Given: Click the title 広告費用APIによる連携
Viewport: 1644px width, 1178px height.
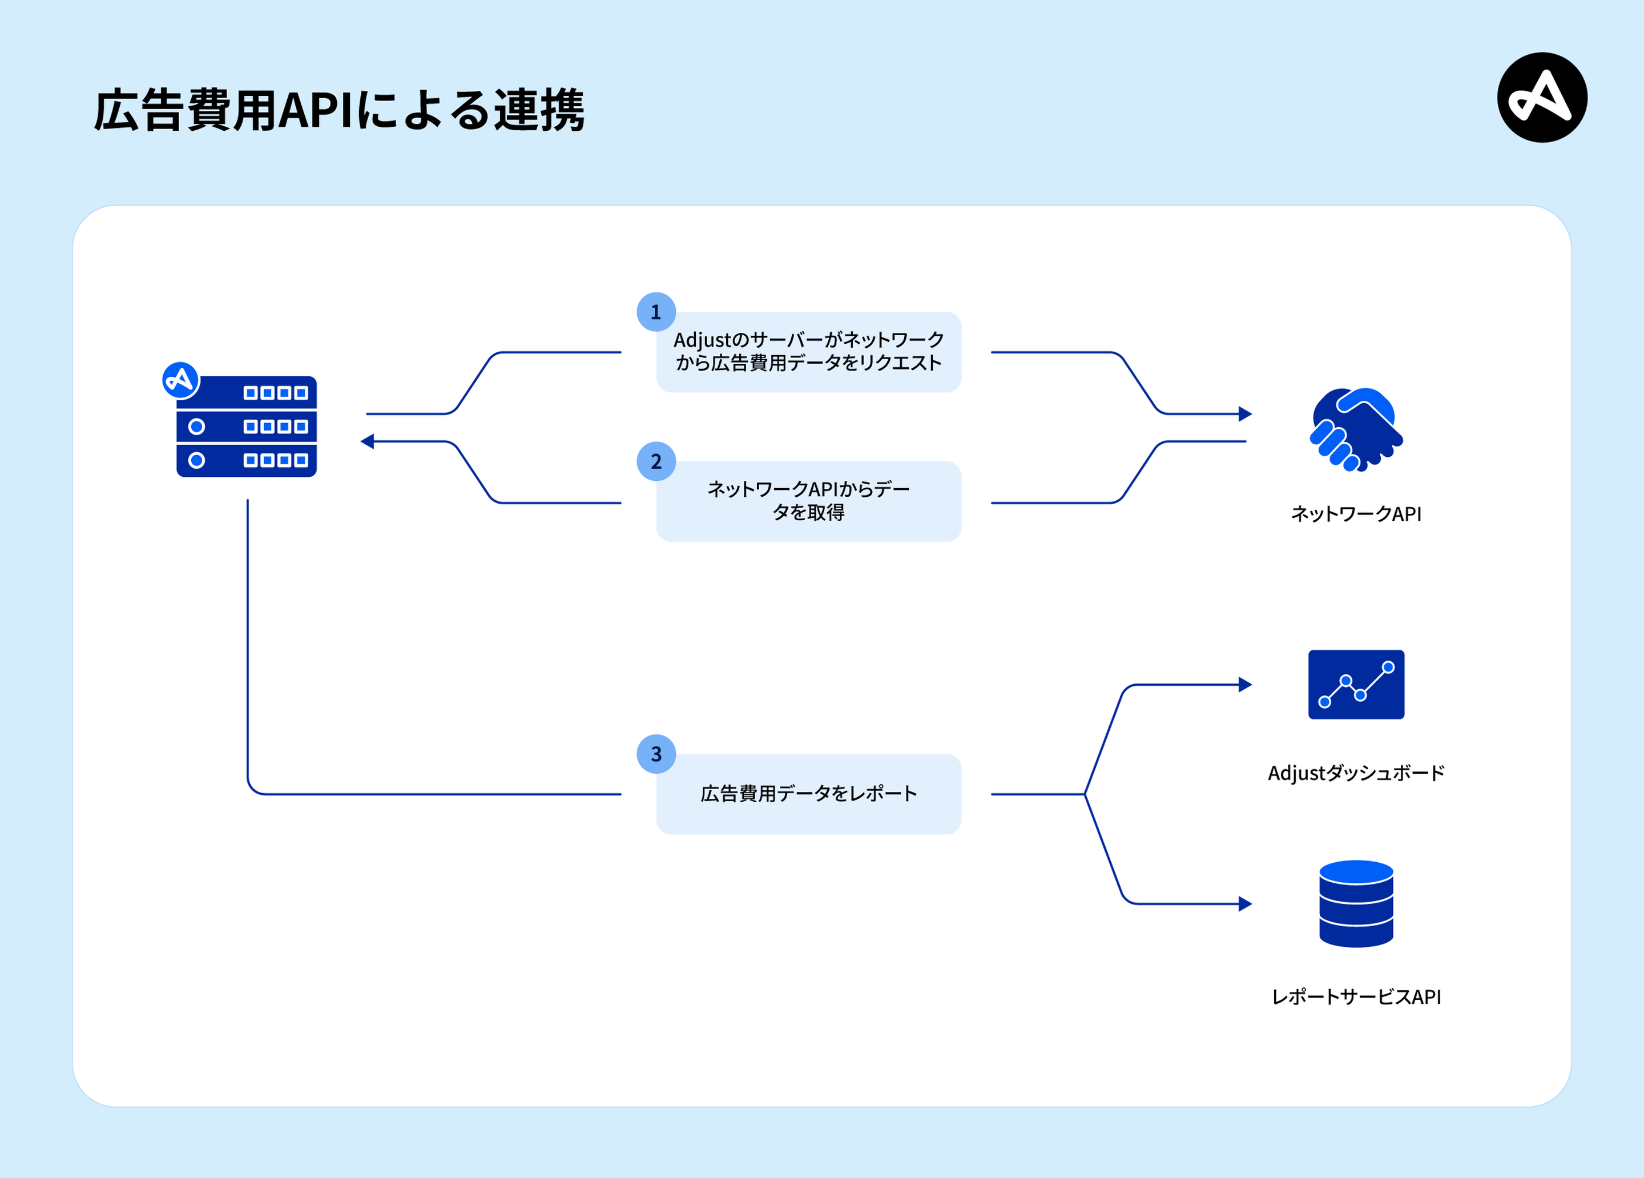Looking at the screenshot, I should click(339, 110).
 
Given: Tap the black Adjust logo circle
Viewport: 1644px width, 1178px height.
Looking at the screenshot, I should click(1542, 97).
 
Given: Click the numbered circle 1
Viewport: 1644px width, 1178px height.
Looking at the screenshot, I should click(656, 312).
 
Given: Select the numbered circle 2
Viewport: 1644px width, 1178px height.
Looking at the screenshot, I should click(656, 461).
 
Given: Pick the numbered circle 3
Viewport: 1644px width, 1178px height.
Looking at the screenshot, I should click(656, 754).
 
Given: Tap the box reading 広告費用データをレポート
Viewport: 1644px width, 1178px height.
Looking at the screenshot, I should click(808, 794).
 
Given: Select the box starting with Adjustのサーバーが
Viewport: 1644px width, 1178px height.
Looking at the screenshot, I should click(808, 352).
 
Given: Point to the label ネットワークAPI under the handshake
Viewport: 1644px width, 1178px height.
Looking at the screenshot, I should click(1356, 514).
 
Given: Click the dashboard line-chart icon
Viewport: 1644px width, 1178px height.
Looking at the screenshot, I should click(1356, 684).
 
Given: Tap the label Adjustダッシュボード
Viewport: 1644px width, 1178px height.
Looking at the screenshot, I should click(1356, 773).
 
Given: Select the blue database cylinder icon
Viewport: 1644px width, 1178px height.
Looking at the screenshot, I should click(1356, 903).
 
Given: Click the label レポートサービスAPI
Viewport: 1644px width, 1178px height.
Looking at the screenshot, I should click(1356, 997).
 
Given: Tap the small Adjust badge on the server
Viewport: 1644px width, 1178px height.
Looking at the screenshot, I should click(180, 380).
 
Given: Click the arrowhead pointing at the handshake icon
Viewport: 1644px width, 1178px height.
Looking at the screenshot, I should click(1246, 414).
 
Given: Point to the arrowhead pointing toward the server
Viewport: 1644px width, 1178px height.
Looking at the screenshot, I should click(368, 441).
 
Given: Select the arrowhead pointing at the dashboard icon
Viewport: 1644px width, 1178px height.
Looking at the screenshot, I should click(1246, 684).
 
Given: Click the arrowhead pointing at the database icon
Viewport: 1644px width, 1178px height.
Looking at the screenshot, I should click(1246, 903).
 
